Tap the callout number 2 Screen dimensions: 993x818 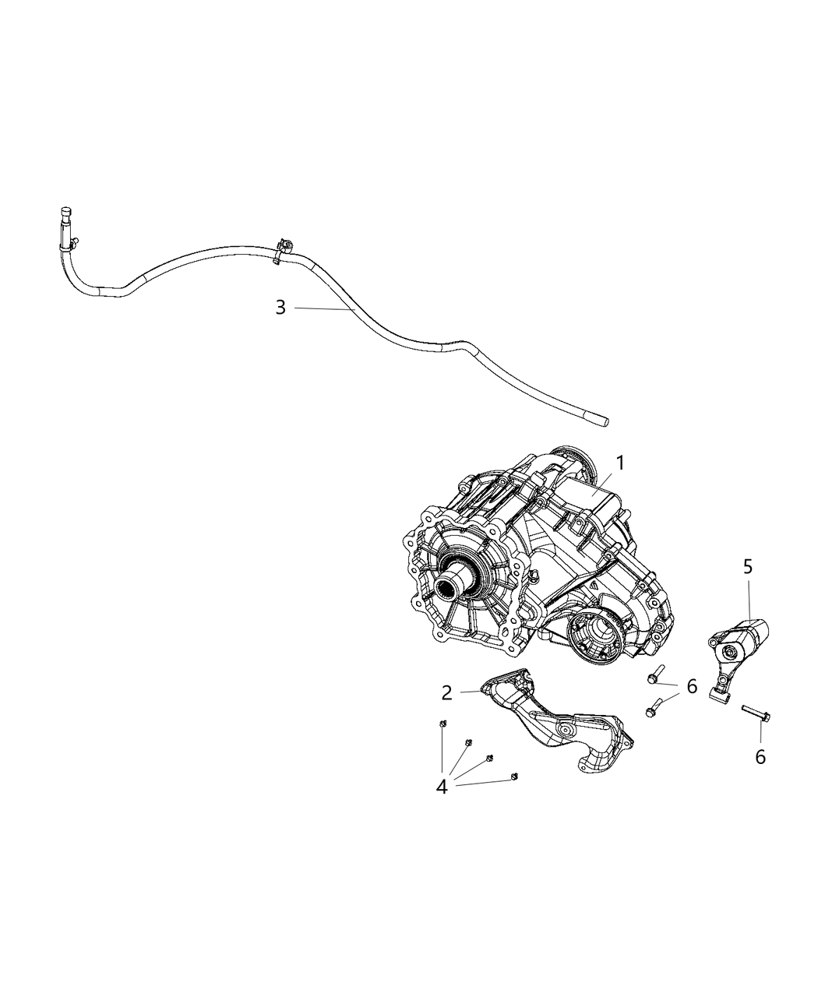pyautogui.click(x=446, y=692)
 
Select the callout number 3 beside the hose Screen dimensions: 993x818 pyautogui.click(x=280, y=308)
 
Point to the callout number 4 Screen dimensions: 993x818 pyautogui.click(x=442, y=787)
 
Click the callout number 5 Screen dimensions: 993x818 pyautogui.click(x=748, y=567)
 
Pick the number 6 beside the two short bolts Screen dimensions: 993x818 pyautogui.click(x=692, y=686)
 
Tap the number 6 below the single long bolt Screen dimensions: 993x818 pyautogui.click(x=760, y=755)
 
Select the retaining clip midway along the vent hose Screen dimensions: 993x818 pyautogui.click(x=284, y=249)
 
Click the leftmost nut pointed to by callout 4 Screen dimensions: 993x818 pyautogui.click(x=442, y=724)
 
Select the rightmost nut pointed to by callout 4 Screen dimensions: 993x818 pyautogui.click(x=513, y=776)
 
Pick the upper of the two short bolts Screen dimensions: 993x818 pyautogui.click(x=655, y=674)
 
